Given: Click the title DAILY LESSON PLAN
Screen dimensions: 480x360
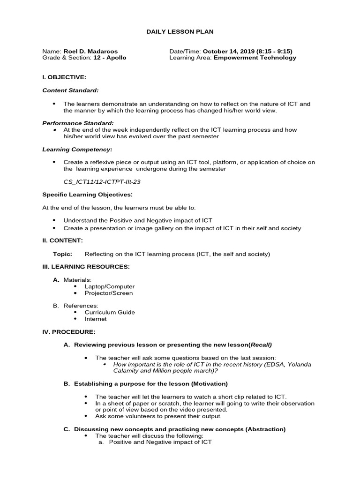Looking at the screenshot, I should click(x=180, y=31).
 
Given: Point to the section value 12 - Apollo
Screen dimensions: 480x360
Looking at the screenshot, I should click(x=110, y=58).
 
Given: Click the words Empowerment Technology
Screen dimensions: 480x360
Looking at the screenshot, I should click(x=255, y=58).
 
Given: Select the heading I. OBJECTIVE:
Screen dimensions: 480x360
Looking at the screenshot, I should click(x=64, y=77).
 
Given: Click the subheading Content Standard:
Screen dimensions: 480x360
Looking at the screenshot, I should click(x=70, y=90).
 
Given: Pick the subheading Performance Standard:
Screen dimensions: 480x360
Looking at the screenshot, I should click(x=78, y=123).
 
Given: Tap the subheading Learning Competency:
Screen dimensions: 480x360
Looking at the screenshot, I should click(x=77, y=149).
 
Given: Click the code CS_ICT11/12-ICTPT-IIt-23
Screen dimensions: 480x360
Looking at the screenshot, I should click(x=102, y=181).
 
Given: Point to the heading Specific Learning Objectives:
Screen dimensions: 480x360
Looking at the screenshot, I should click(x=87, y=195).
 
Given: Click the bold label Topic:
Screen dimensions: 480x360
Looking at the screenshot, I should click(x=63, y=254).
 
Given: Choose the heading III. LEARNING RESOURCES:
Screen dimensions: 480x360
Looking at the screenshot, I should click(x=86, y=267).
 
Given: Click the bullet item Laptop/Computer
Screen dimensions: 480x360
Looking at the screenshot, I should click(x=109, y=286).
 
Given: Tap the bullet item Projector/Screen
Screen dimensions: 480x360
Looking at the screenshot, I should click(x=108, y=293).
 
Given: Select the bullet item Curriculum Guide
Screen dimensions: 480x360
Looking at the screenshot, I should click(x=110, y=312).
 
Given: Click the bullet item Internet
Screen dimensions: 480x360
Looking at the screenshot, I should click(x=96, y=319).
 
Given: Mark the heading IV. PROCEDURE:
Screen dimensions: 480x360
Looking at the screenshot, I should click(x=69, y=332).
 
